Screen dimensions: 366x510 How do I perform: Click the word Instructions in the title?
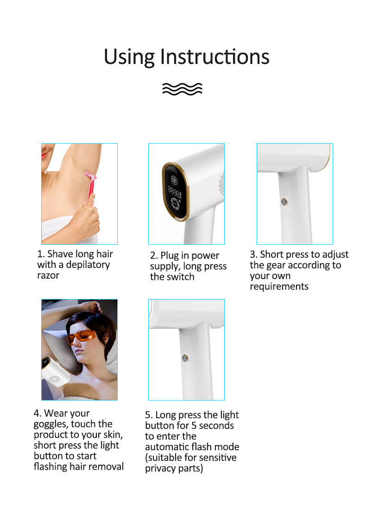tap(215, 57)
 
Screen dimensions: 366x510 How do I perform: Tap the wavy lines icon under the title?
tap(182, 89)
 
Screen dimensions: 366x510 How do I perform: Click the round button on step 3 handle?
tap(284, 202)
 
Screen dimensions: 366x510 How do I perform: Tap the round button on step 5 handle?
tap(185, 358)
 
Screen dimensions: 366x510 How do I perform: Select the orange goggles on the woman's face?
tap(81, 337)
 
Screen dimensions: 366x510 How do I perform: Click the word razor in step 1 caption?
tap(48, 275)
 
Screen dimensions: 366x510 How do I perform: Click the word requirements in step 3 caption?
tap(279, 287)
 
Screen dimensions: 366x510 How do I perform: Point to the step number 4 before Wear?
tap(37, 414)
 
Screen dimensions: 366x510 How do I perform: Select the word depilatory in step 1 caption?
tap(88, 265)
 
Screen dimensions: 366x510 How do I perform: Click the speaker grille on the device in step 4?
tap(54, 379)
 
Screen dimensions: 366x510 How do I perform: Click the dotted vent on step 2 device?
tap(221, 184)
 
